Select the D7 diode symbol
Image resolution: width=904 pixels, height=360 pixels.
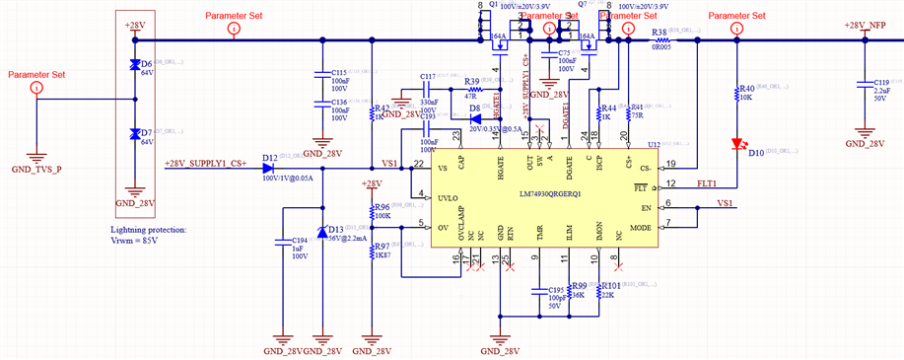(135, 134)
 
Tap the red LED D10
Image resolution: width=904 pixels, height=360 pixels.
(736, 144)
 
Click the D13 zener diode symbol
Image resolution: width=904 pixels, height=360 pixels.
(322, 233)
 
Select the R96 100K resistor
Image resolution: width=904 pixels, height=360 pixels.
(372, 210)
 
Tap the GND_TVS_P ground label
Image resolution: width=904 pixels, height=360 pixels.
(36, 170)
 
